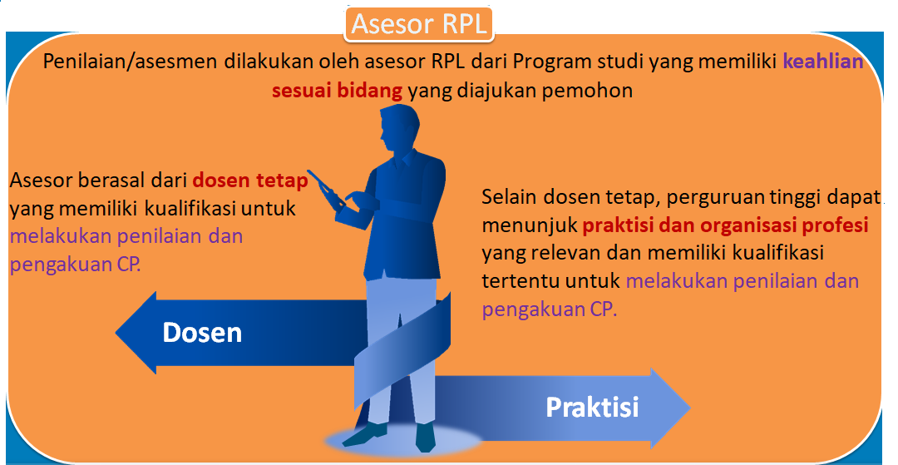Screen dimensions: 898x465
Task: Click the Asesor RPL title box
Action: click(x=418, y=24)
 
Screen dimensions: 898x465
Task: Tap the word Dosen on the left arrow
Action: click(x=202, y=333)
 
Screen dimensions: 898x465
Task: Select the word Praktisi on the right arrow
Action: click(x=592, y=407)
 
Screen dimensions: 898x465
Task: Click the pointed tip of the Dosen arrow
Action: click(x=116, y=333)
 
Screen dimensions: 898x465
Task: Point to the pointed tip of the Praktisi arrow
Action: click(x=690, y=408)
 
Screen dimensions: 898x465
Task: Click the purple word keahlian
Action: click(x=823, y=62)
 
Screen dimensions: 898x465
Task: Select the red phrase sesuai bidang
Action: click(x=337, y=90)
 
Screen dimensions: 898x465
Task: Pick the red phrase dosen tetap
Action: click(x=250, y=180)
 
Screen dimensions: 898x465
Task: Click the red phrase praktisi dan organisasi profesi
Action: click(x=726, y=225)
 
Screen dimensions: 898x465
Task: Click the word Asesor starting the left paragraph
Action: click(x=42, y=180)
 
